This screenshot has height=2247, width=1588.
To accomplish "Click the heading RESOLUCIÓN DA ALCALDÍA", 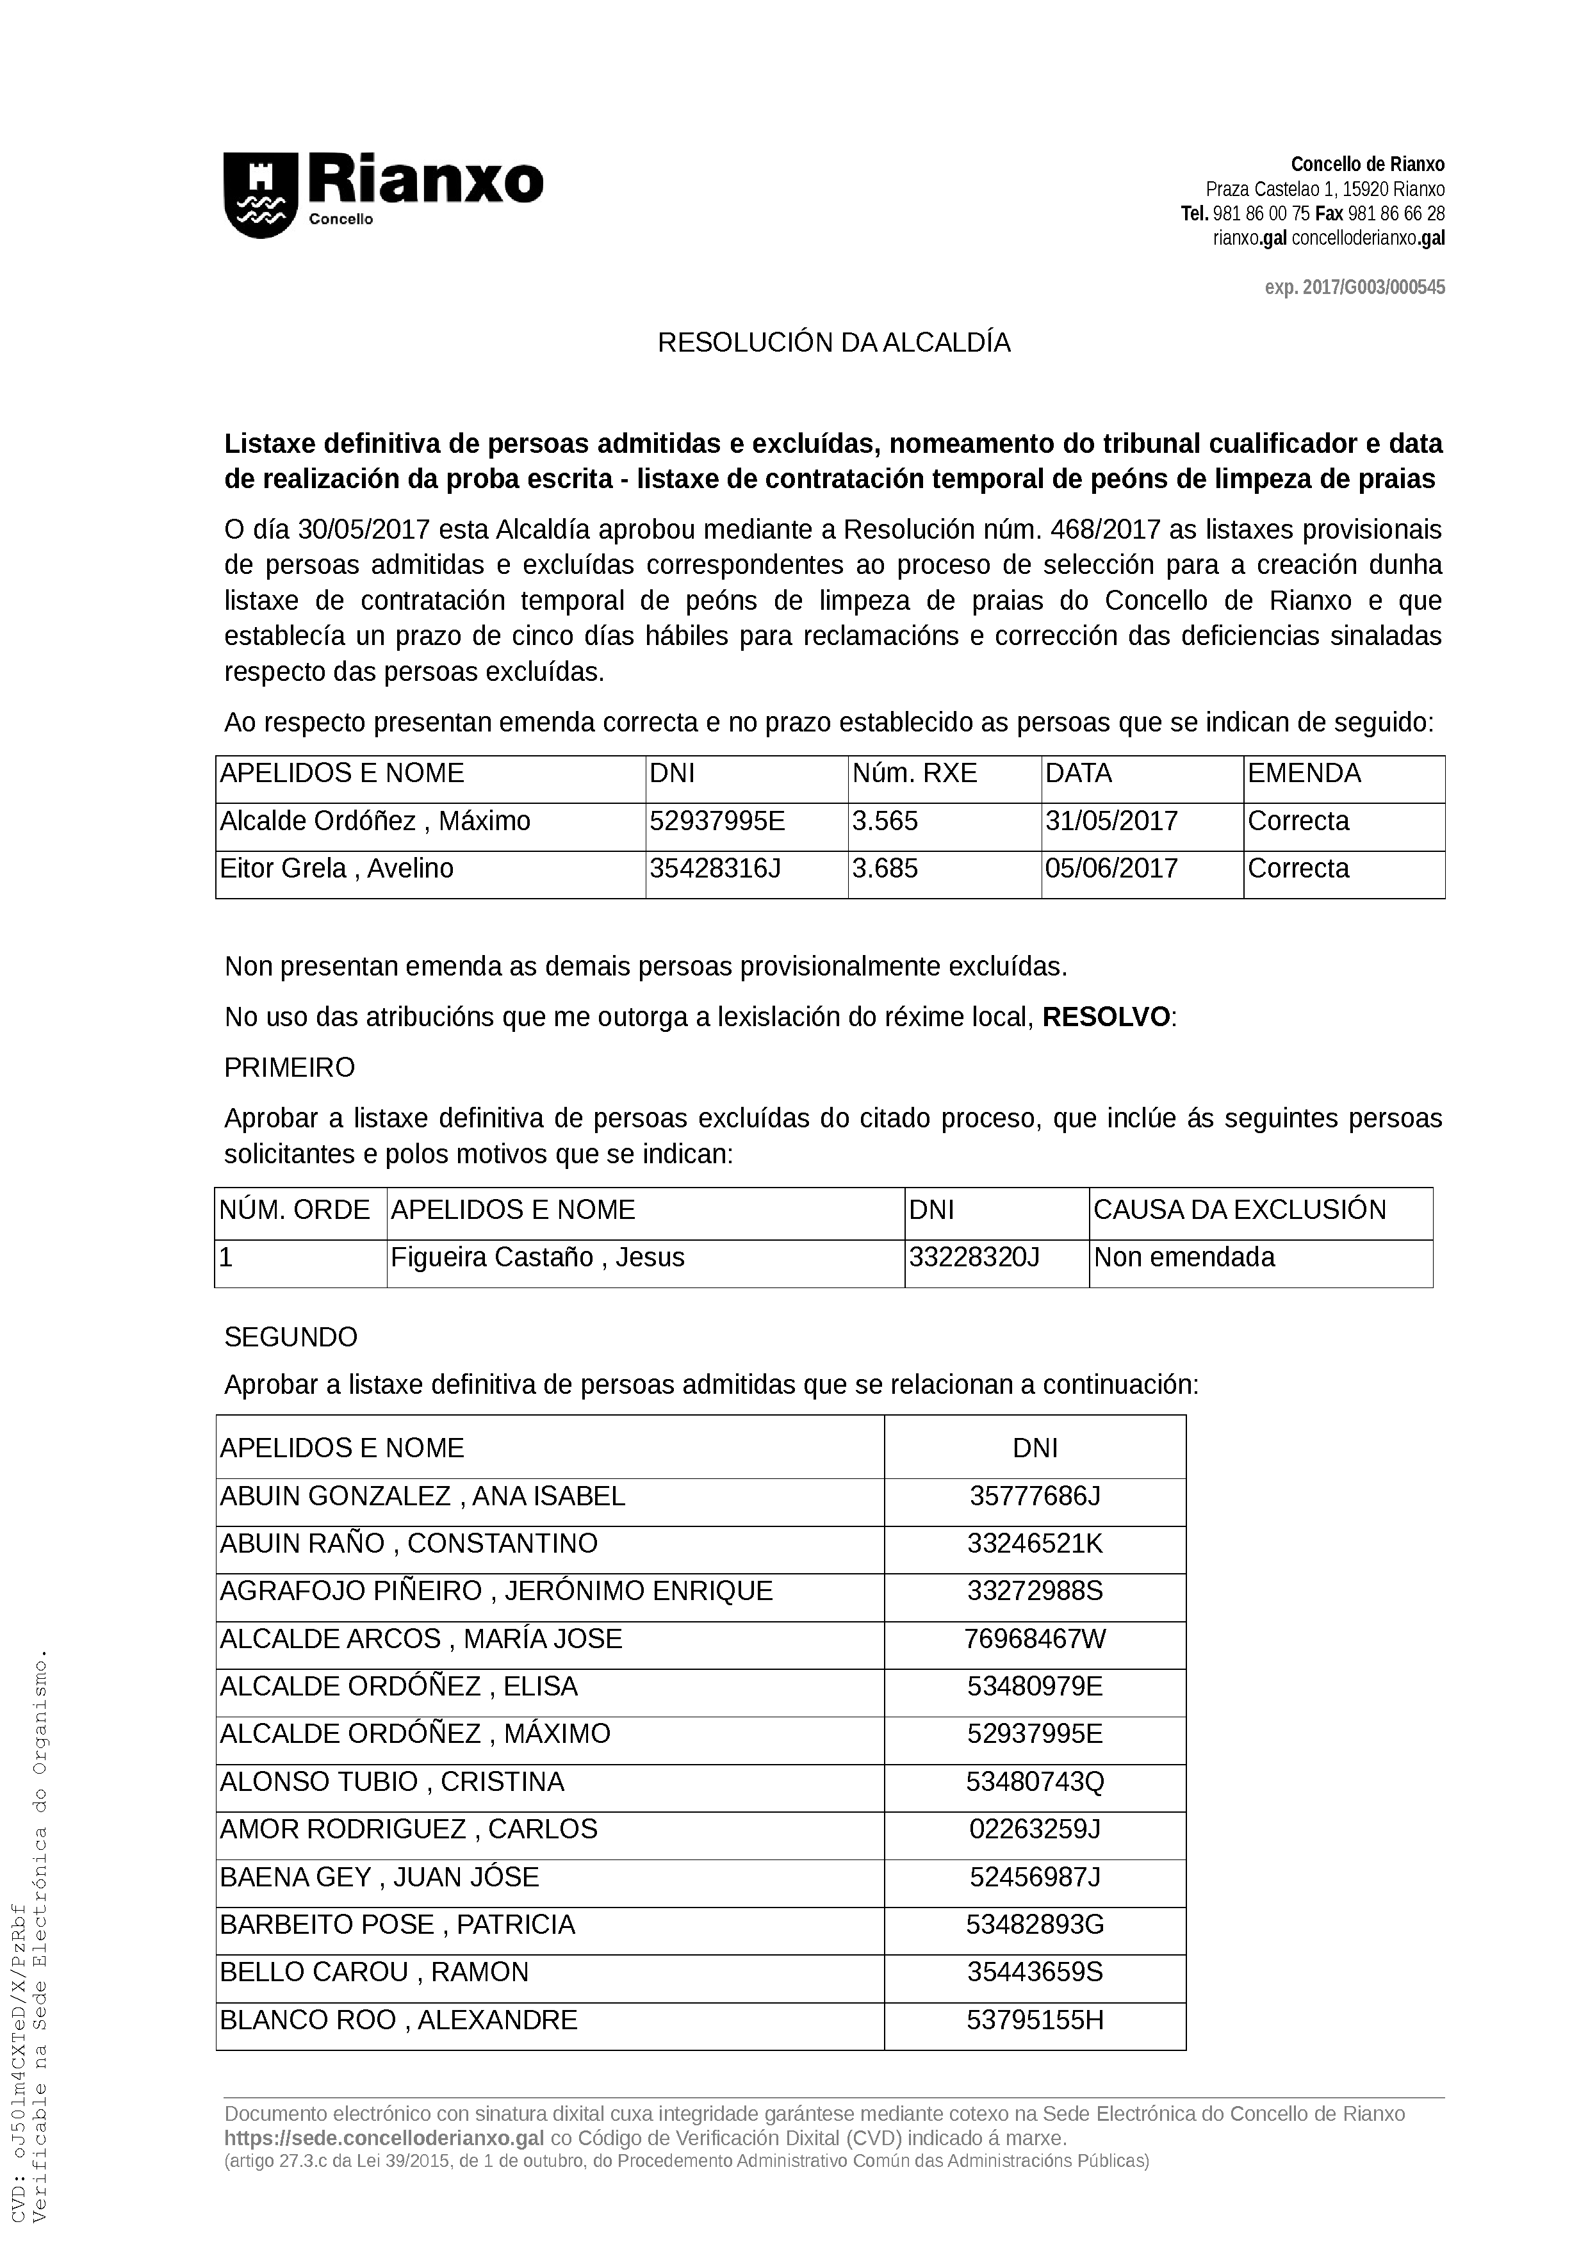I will click(x=833, y=343).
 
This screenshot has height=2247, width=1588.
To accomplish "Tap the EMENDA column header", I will click(x=1304, y=773).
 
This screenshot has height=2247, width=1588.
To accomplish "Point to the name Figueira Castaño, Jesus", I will click(x=537, y=1257).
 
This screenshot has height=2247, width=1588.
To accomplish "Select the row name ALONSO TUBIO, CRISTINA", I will click(x=391, y=1782).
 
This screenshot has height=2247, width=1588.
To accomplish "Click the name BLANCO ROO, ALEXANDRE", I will click(x=398, y=2020).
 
